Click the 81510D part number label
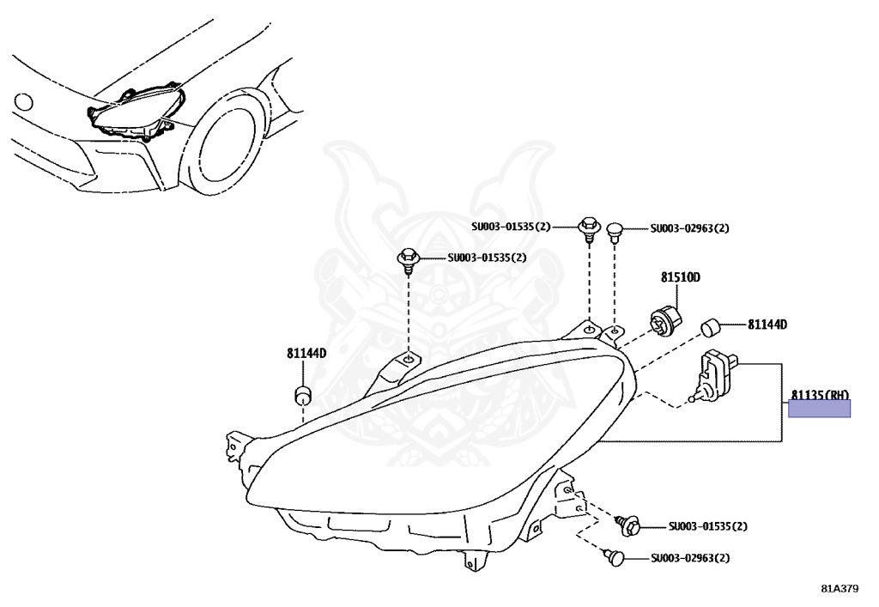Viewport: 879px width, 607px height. (x=681, y=277)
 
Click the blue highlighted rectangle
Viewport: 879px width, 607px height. (x=820, y=409)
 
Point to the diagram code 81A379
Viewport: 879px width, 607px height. (x=839, y=589)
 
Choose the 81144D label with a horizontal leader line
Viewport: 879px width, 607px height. (x=767, y=325)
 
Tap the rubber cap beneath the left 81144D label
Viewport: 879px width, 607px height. (x=301, y=396)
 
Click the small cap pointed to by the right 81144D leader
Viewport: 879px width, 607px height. (x=710, y=326)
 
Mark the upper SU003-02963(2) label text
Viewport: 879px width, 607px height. (x=689, y=228)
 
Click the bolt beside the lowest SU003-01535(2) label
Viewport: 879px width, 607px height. (x=628, y=523)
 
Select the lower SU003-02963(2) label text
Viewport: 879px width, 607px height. (x=689, y=558)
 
